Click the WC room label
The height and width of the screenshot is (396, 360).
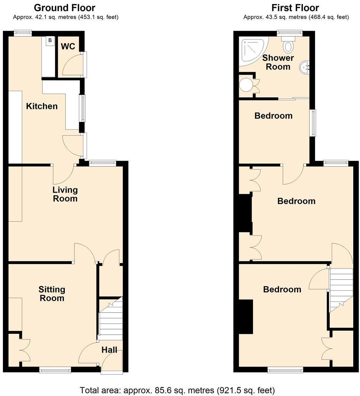[68, 46]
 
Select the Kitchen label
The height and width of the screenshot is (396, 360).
[42, 106]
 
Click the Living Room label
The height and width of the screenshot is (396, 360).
[65, 194]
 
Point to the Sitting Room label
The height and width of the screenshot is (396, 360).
[52, 294]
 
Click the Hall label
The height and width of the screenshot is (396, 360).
[109, 350]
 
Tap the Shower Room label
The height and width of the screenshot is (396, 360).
[278, 62]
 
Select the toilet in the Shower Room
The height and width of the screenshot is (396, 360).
[289, 45]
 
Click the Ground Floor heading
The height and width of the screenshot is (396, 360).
[64, 8]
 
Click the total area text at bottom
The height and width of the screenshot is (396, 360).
[177, 390]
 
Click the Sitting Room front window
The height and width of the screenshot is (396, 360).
[55, 370]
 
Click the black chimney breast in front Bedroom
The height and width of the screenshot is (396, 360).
[245, 316]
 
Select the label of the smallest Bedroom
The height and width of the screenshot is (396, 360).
[273, 116]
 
